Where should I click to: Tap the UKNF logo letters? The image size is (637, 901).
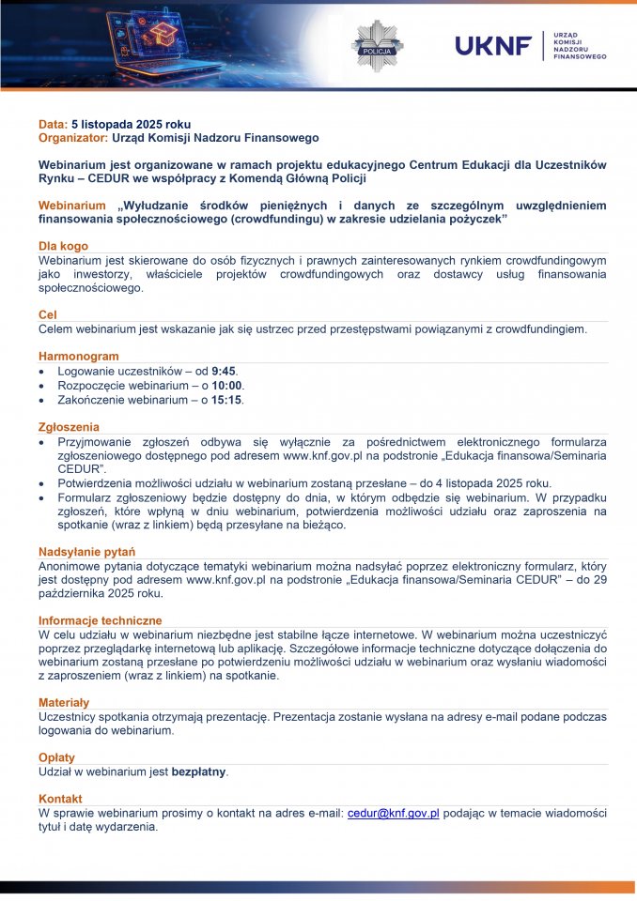[x=493, y=45]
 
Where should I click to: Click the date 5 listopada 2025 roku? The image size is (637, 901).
[x=131, y=124]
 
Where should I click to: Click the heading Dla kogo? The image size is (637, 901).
[x=63, y=246]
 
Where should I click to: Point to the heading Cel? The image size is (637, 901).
[x=48, y=315]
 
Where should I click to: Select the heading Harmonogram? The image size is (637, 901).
[x=78, y=357]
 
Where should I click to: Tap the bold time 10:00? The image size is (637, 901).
[x=227, y=386]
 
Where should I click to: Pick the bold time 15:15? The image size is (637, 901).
[x=227, y=400]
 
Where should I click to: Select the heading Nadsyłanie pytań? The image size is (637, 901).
[x=86, y=552]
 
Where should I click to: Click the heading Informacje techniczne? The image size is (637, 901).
[x=100, y=620]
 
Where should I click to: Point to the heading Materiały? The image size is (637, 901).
[x=64, y=702]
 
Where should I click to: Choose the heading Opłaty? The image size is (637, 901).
[x=55, y=757]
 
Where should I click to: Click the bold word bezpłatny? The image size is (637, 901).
[x=199, y=771]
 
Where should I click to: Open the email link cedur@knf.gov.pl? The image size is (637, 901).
[x=394, y=813]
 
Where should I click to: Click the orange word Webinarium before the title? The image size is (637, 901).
[x=71, y=206]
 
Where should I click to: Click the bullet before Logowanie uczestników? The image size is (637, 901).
[x=42, y=372]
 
